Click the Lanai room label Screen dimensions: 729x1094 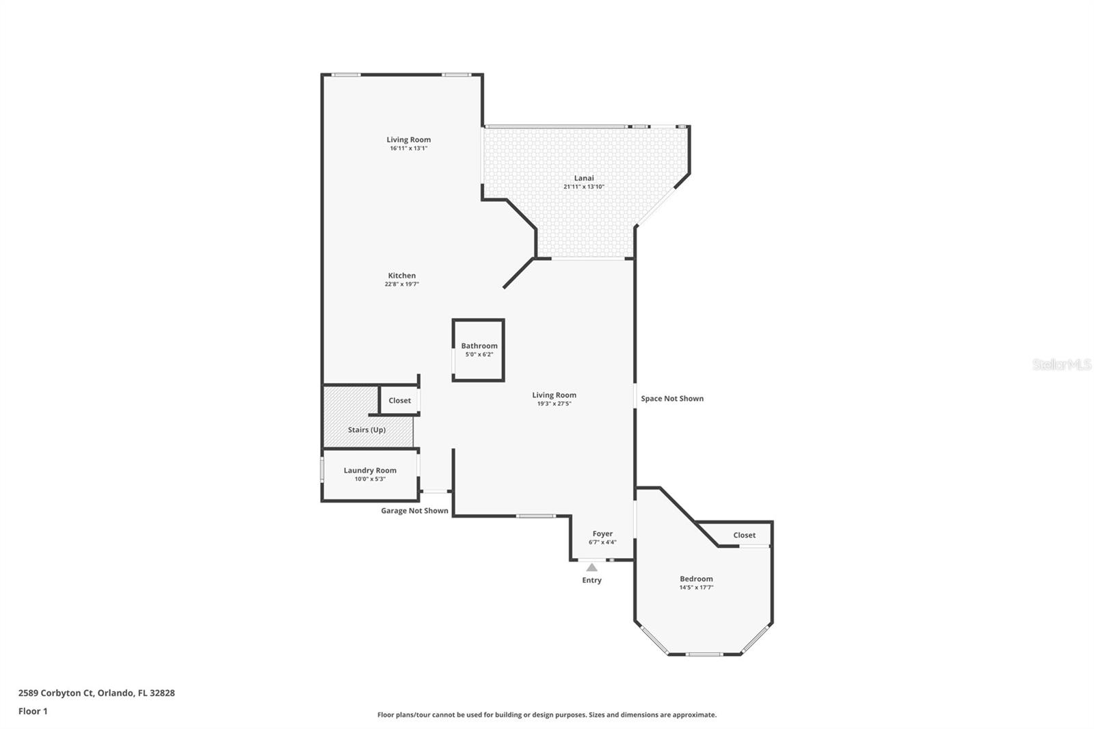tap(583, 178)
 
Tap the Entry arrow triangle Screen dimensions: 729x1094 tap(591, 568)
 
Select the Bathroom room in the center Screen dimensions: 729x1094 tap(479, 349)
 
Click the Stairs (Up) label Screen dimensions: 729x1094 tap(366, 429)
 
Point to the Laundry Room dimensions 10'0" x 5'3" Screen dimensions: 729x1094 tap(370, 479)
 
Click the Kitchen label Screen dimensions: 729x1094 tap(401, 276)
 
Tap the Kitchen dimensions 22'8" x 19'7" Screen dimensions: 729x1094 tap(401, 284)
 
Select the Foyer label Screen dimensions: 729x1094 tap(602, 533)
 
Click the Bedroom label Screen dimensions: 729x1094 tap(696, 579)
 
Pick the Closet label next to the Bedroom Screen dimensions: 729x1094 tap(744, 535)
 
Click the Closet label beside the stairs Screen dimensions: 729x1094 tap(399, 400)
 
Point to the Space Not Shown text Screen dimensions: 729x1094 tap(671, 398)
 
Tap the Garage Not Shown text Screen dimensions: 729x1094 tap(414, 510)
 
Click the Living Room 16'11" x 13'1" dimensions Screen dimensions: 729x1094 tap(409, 148)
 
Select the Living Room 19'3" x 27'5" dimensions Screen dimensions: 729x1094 tap(554, 403)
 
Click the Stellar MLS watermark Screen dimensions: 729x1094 tap(1061, 364)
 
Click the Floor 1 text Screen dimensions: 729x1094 tap(33, 711)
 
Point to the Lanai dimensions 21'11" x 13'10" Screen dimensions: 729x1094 tap(583, 187)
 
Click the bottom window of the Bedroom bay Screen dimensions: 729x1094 tap(704, 654)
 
